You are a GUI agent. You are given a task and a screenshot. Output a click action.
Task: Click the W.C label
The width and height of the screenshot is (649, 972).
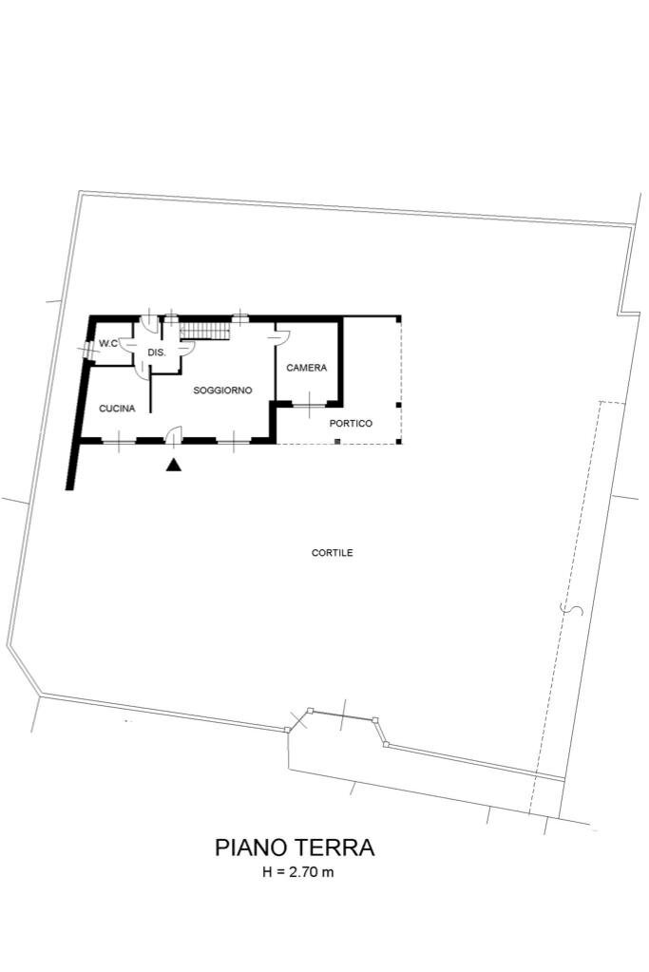[107, 343]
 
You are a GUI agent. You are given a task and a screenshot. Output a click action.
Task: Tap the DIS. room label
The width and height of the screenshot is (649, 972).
[157, 353]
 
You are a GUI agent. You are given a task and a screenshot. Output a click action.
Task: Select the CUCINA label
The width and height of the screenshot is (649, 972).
[117, 409]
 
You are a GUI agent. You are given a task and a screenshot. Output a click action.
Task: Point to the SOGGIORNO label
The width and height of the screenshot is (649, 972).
[222, 391]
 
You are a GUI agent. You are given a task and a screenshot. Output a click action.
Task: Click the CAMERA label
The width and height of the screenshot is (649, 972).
[307, 368]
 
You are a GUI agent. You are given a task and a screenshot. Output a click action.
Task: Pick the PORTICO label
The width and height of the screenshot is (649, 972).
[351, 424]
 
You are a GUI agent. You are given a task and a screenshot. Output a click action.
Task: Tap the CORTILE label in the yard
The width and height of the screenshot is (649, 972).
[333, 552]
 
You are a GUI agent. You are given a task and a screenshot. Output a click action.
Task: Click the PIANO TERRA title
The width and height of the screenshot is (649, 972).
[295, 847]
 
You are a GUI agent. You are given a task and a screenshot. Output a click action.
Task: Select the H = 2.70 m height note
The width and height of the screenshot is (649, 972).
[297, 873]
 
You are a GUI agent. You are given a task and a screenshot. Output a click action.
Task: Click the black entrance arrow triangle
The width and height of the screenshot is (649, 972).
[173, 465]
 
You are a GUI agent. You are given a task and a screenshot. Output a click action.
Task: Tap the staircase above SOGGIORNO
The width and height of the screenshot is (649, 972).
[206, 330]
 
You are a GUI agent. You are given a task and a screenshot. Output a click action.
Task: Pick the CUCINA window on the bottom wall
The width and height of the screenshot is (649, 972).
[118, 441]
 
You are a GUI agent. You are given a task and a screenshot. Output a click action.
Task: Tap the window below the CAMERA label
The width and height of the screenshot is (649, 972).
[308, 406]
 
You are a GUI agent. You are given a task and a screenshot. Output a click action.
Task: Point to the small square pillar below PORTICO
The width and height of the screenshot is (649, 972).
[337, 442]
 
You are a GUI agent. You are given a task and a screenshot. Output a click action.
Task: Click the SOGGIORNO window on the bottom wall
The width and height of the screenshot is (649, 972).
[233, 441]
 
